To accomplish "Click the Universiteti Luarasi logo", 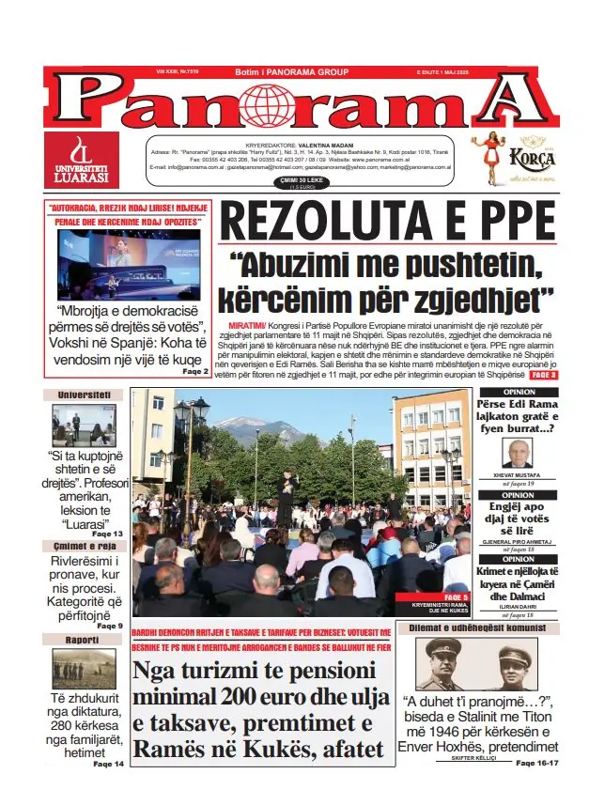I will (81, 160).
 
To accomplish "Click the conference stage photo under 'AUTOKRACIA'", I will (129, 264).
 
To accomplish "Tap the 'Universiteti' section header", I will (84, 395).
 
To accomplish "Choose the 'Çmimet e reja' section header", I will (84, 546).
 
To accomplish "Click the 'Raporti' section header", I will (84, 640).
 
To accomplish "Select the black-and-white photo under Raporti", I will (84, 668).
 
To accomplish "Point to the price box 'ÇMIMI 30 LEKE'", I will (276, 181).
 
